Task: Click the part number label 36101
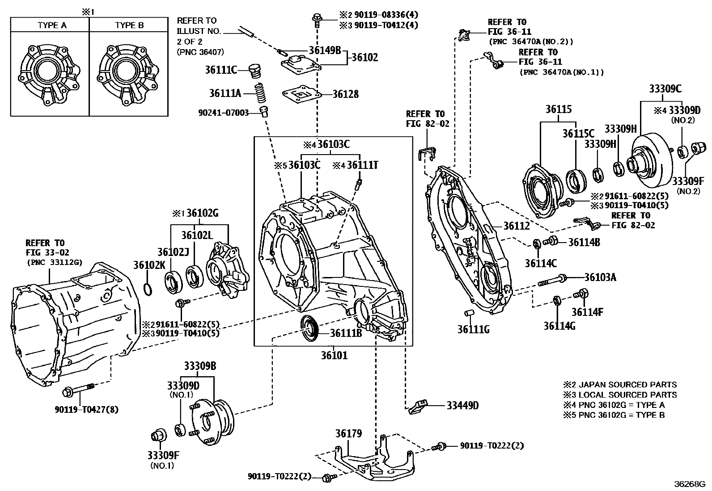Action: pyautogui.click(x=334, y=356)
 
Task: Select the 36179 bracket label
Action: pyautogui.click(x=348, y=433)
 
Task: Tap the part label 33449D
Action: pyautogui.click(x=462, y=405)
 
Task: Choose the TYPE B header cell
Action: pyautogui.click(x=129, y=25)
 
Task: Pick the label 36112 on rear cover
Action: pyautogui.click(x=517, y=226)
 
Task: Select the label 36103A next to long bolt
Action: pyautogui.click(x=600, y=277)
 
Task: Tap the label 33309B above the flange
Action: pyautogui.click(x=200, y=366)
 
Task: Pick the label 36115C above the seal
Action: pyautogui.click(x=578, y=133)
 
